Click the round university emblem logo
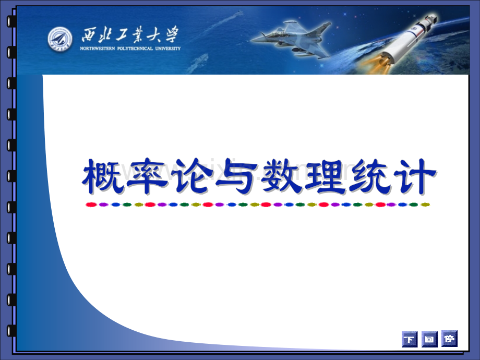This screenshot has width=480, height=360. (x=60, y=39)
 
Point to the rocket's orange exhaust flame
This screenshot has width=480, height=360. (x=375, y=64)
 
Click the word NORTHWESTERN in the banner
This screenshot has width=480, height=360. (x=98, y=49)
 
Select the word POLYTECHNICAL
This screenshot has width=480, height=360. (x=135, y=49)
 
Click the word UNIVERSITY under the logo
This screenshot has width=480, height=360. (x=168, y=49)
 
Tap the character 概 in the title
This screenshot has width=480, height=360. (x=103, y=176)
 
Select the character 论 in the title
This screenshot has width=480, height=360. (x=192, y=176)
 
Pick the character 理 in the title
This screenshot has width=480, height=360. (x=325, y=176)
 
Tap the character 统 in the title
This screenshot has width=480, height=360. (x=370, y=176)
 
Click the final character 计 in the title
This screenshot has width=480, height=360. (x=414, y=176)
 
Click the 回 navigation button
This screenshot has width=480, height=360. (x=429, y=339)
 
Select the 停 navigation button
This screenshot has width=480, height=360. (x=449, y=339)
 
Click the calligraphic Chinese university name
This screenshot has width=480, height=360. (x=130, y=34)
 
